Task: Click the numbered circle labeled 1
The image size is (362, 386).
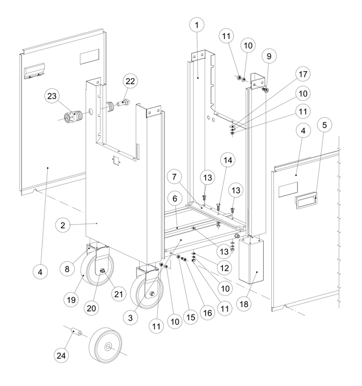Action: (197, 25)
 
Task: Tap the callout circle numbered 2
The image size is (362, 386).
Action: (63, 226)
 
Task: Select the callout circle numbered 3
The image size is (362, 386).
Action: (128, 318)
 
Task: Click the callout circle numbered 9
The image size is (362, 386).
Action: (268, 56)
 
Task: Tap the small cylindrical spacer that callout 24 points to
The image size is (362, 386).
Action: (75, 334)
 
